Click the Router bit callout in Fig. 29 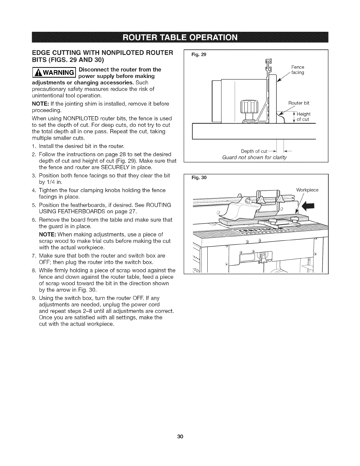click(x=299, y=103)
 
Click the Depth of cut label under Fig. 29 click(x=254, y=151)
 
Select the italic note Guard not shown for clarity click(x=254, y=157)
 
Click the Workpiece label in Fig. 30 click(x=307, y=190)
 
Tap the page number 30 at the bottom click(x=180, y=436)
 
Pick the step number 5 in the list click(x=34, y=205)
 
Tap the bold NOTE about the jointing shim click(x=39, y=104)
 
